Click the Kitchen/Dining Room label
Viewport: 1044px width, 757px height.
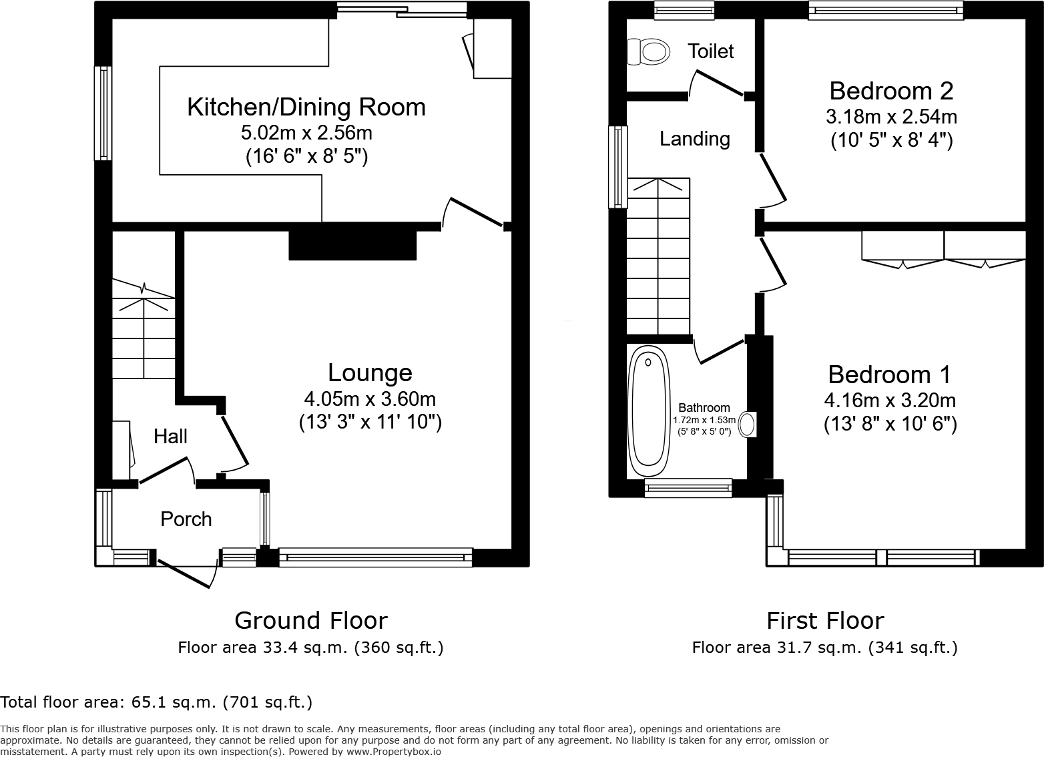[x=306, y=107]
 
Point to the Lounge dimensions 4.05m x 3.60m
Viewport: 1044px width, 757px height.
[x=370, y=399]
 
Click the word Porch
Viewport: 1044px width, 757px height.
[x=186, y=519]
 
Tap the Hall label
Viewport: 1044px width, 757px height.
[x=170, y=437]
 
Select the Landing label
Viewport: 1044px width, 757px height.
[x=694, y=139]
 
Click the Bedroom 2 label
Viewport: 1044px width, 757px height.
[x=890, y=90]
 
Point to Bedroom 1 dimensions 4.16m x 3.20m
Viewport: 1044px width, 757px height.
[x=890, y=401]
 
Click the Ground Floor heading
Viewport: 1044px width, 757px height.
[x=310, y=621]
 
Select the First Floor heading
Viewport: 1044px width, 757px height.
[x=824, y=621]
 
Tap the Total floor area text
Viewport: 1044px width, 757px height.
[x=156, y=702]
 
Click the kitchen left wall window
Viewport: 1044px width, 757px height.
[x=103, y=113]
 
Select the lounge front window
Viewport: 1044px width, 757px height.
[x=375, y=557]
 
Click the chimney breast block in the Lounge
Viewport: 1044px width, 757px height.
[x=352, y=245]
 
